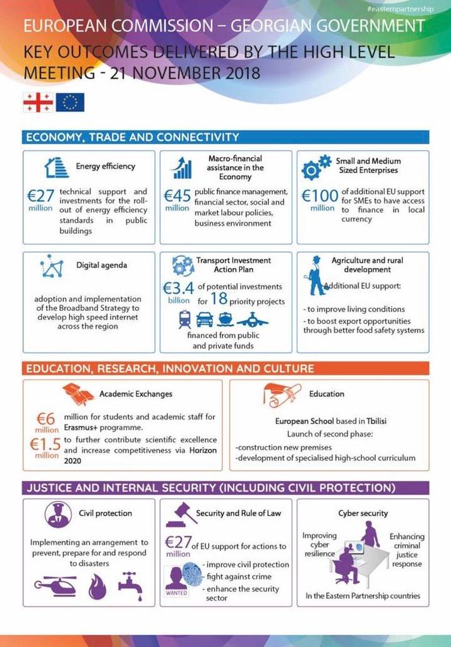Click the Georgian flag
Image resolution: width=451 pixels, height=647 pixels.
[38, 102]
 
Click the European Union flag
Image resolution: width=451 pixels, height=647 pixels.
[69, 102]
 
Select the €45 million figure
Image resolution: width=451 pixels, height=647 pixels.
[177, 198]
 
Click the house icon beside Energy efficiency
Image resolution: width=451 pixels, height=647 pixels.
[56, 167]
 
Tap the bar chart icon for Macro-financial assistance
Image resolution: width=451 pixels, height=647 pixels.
[183, 167]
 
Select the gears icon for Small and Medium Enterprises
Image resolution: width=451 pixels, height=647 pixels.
[316, 167]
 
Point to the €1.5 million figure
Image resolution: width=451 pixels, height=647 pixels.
[46, 447]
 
